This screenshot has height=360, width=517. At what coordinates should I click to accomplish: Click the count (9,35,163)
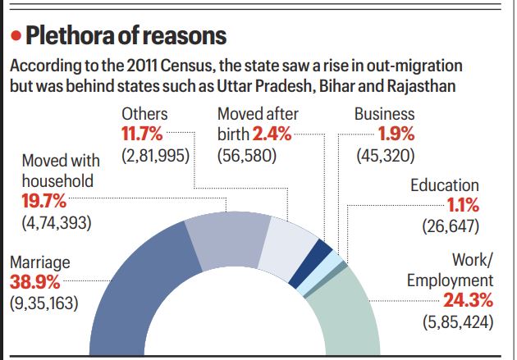(x=43, y=303)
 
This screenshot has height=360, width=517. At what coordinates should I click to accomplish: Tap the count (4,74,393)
(x=56, y=221)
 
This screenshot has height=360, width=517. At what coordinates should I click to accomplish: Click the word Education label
(x=445, y=185)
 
